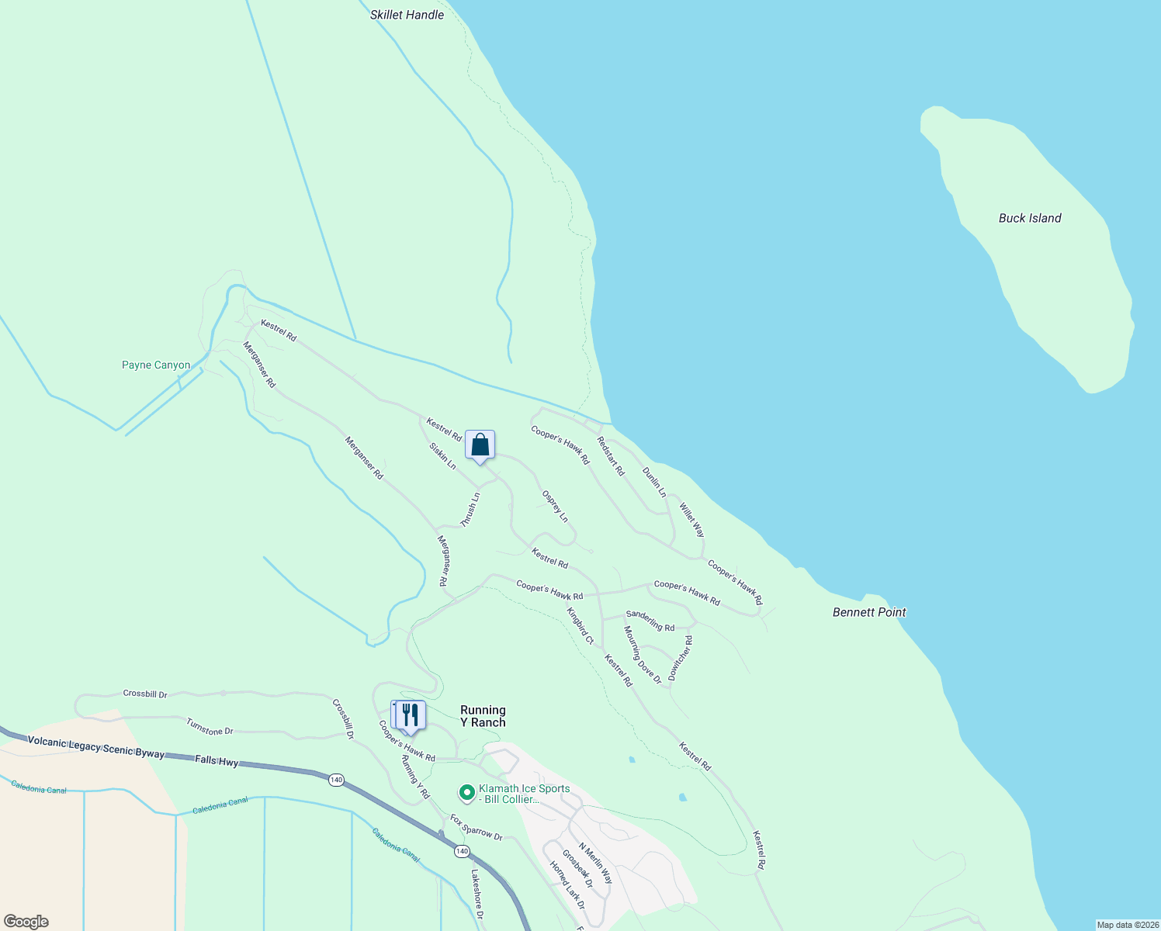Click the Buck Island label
tap(1029, 218)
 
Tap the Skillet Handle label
tap(407, 15)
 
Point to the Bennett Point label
tap(868, 612)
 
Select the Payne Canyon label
tap(156, 365)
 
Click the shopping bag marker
tap(480, 445)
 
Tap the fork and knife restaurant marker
tap(410, 715)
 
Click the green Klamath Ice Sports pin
tap(467, 792)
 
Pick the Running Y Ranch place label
tap(483, 716)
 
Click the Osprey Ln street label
tap(555, 507)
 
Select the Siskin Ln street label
tap(442, 456)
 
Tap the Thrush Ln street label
tap(470, 510)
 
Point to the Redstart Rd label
tap(610, 455)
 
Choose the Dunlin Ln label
tap(654, 482)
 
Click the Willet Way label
tap(691, 520)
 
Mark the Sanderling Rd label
tap(650, 621)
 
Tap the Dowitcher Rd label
tap(681, 659)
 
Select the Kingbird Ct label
tap(580, 626)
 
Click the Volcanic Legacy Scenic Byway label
tap(96, 747)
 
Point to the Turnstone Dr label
tap(210, 727)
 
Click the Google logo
tap(26, 922)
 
